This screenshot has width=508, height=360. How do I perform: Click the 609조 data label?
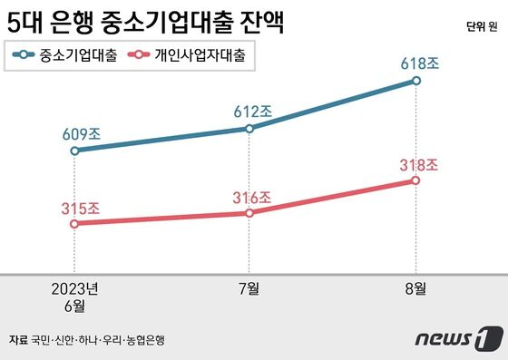(x=81, y=134)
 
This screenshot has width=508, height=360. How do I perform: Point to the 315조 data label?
(x=81, y=208)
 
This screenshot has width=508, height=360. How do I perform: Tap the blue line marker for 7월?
(x=249, y=129)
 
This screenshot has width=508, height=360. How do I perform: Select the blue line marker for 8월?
(x=415, y=81)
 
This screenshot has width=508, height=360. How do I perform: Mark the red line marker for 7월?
(x=249, y=213)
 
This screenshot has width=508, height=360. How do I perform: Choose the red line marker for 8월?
(x=415, y=180)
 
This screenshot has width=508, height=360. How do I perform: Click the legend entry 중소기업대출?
(x=65, y=55)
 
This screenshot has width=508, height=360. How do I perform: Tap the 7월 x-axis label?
(x=249, y=289)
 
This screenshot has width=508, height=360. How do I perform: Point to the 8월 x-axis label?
(x=415, y=289)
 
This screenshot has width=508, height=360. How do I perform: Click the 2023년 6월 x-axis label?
(x=74, y=297)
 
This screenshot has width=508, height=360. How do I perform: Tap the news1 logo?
(x=458, y=339)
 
